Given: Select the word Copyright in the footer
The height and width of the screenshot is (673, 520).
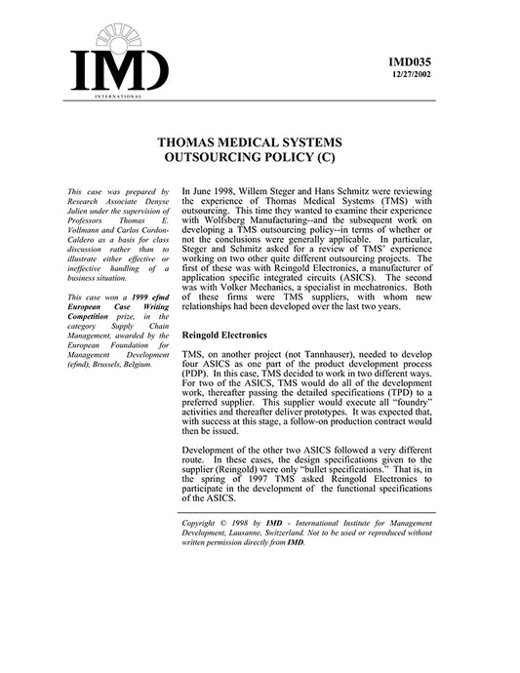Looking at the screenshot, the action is pos(202,526).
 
